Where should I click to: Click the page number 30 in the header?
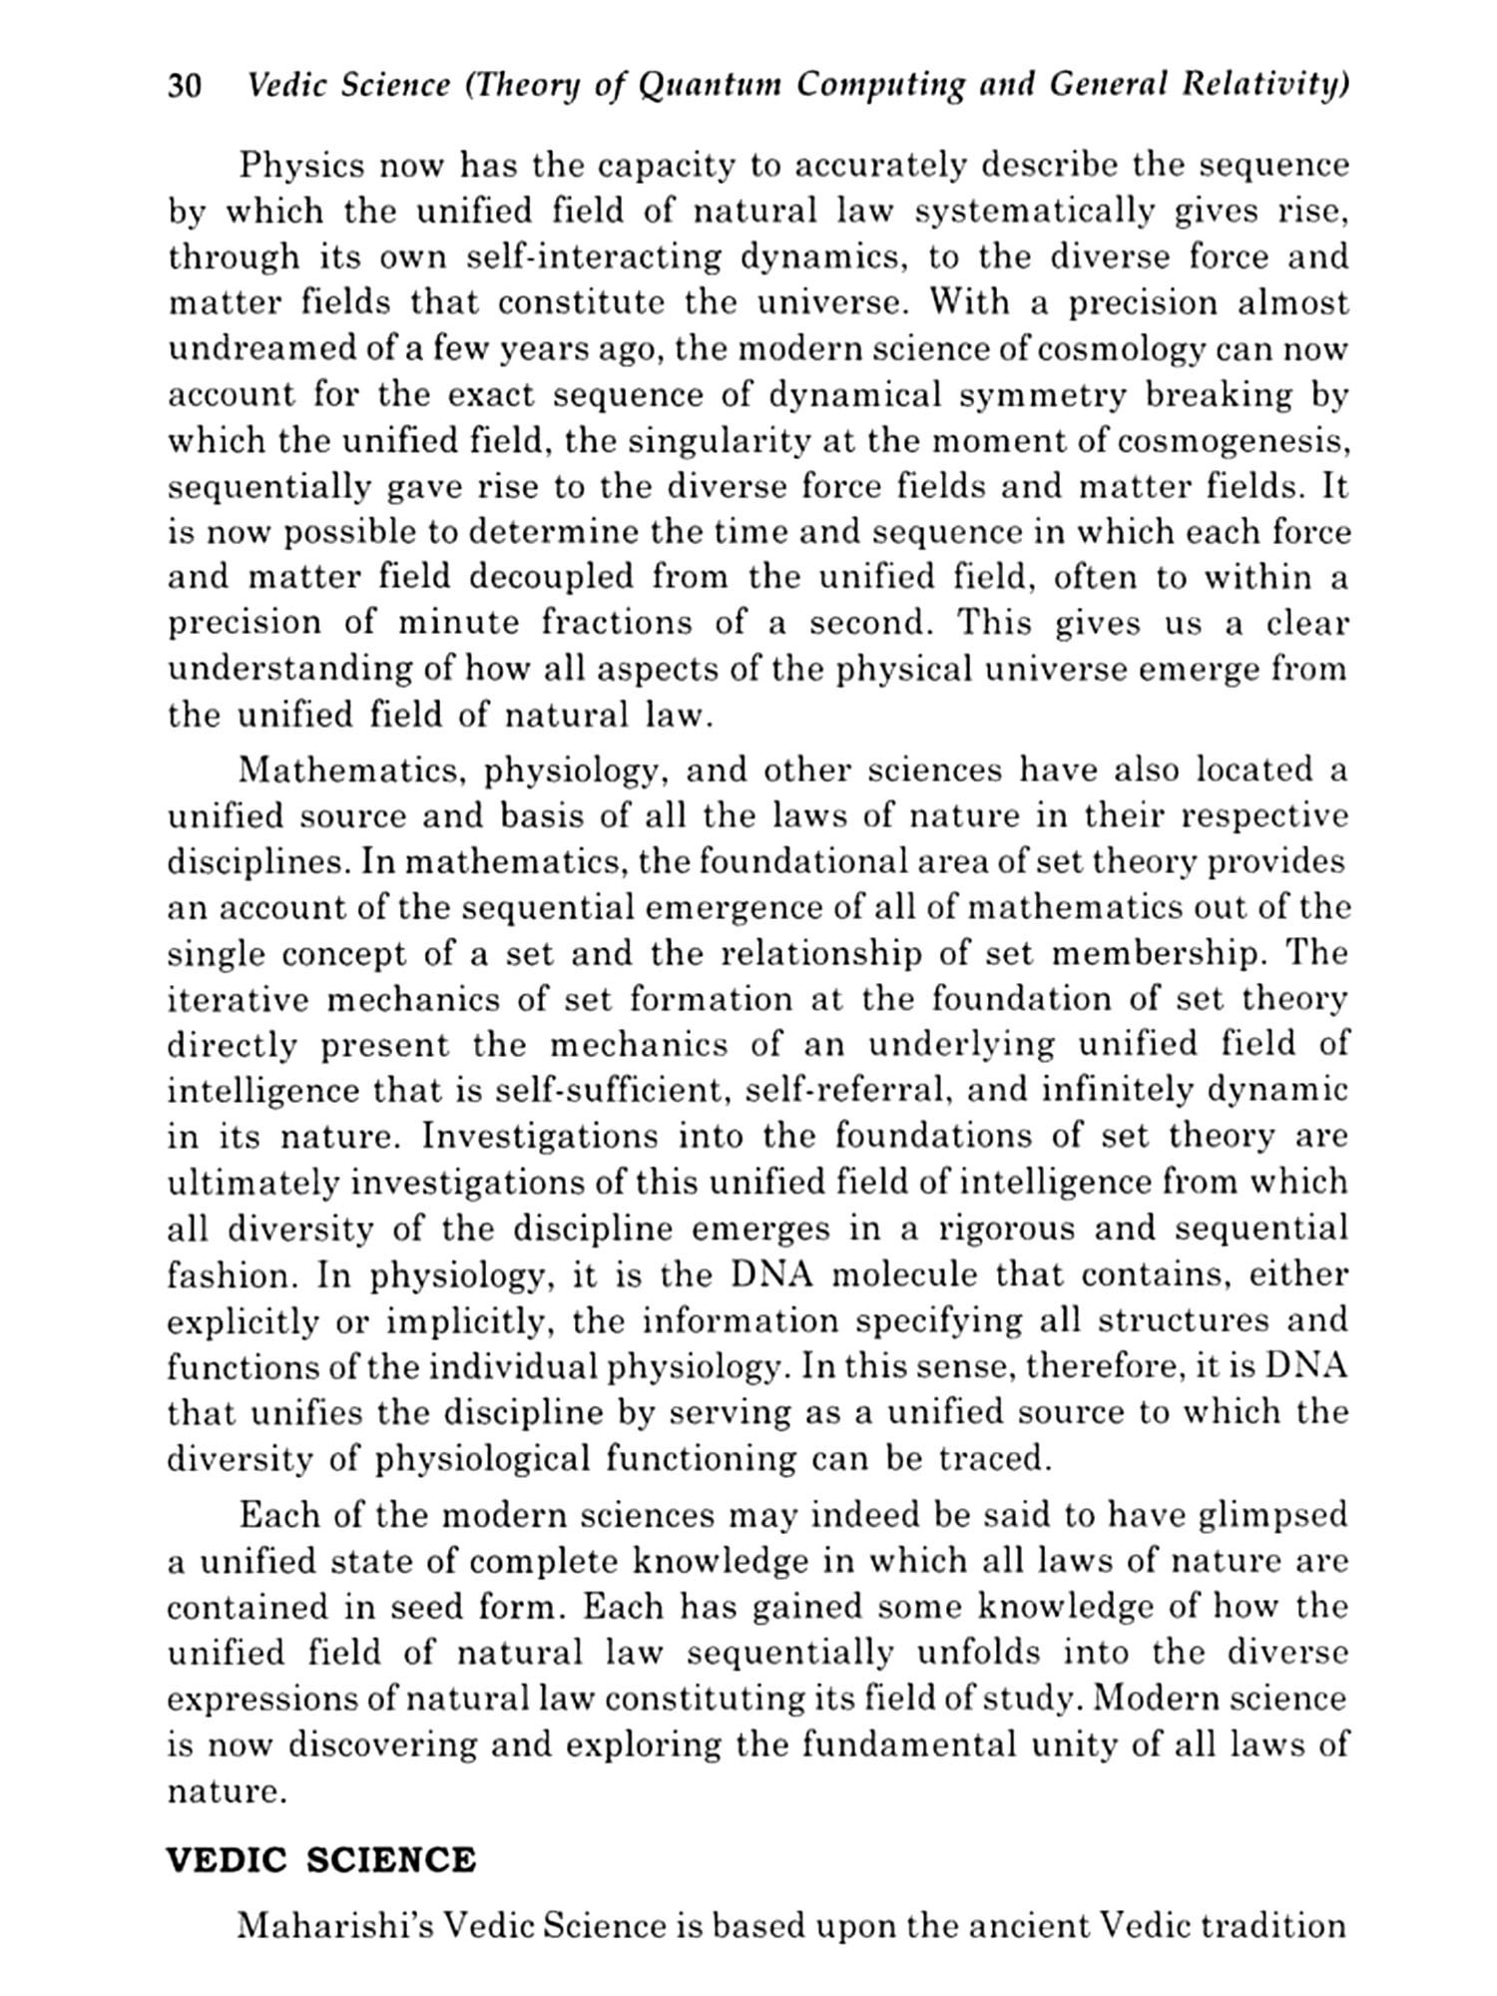tap(186, 87)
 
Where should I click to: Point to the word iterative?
tap(234, 999)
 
